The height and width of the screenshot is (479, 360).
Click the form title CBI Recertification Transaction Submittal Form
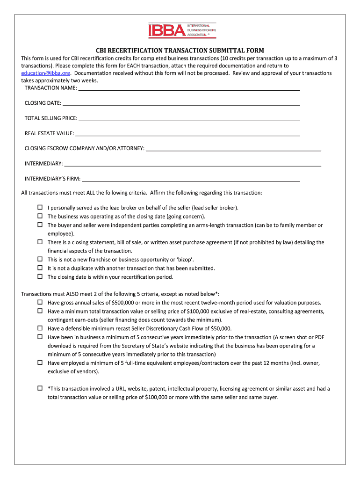tap(180, 50)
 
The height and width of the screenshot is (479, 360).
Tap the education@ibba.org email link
tap(46, 73)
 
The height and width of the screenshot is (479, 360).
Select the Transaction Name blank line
tap(189, 88)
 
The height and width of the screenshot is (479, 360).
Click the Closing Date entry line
tap(181, 103)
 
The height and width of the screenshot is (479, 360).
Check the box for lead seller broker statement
tap(40, 207)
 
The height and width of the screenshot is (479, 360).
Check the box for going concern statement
tap(40, 216)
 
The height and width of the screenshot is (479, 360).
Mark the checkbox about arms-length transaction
tap(40, 225)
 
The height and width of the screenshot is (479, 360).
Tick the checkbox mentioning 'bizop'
tap(40, 259)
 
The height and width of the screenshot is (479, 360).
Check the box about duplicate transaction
tap(40, 268)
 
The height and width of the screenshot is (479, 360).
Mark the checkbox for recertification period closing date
tap(40, 276)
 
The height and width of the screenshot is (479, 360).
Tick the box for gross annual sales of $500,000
tap(40, 302)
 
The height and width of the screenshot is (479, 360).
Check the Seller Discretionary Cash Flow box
tap(40, 328)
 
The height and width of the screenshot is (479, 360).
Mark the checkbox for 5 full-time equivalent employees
tap(40, 363)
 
